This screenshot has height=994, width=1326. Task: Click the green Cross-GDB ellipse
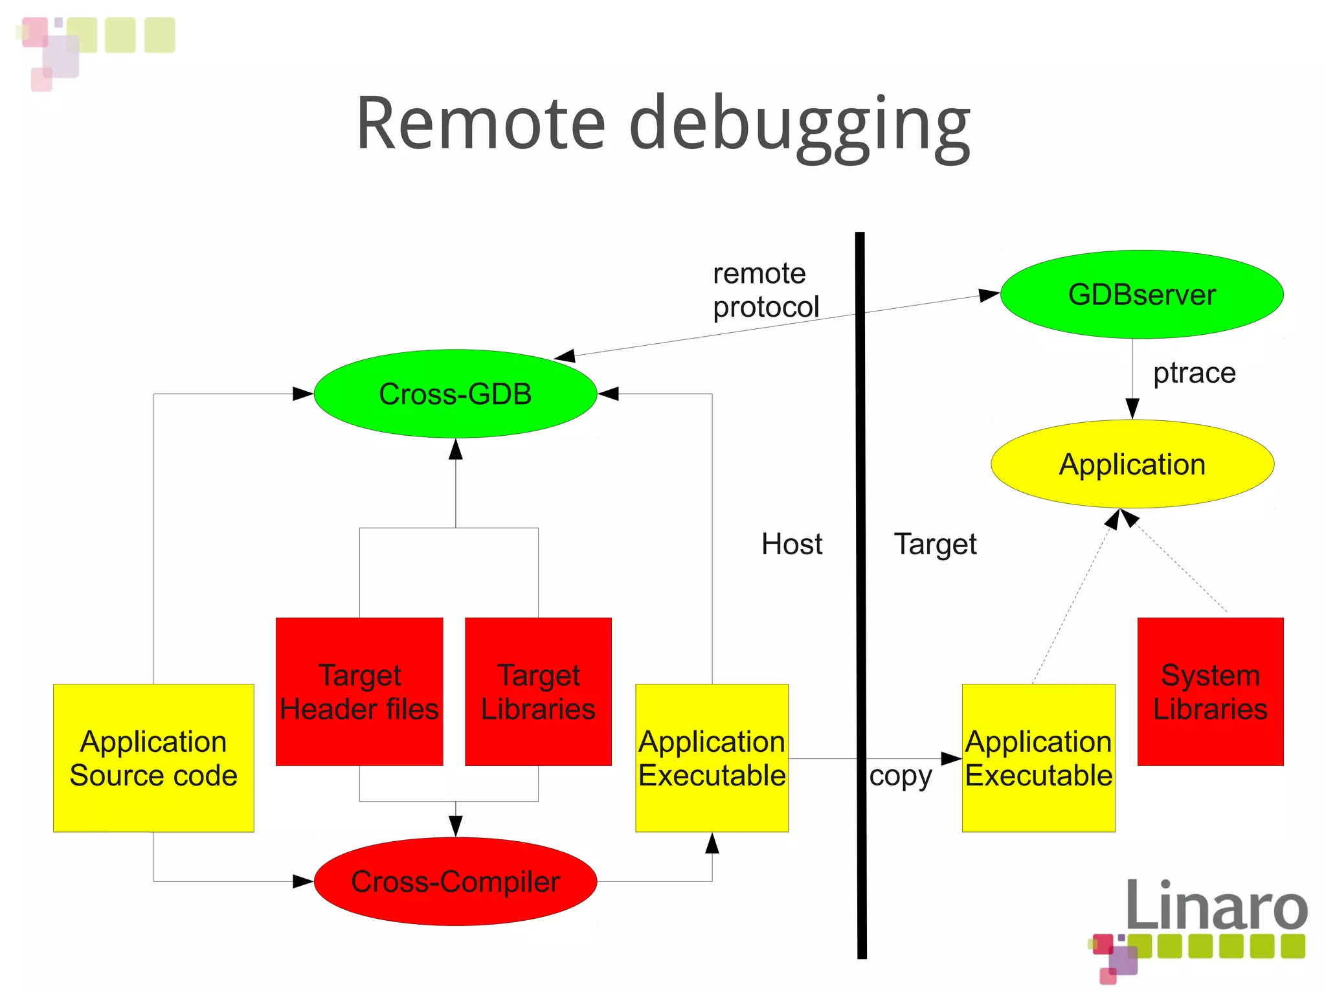point(455,394)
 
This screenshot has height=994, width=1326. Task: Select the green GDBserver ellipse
point(1141,295)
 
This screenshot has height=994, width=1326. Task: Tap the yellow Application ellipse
point(1132,464)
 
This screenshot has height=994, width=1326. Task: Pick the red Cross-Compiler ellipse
point(455,881)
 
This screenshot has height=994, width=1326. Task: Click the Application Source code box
point(153,758)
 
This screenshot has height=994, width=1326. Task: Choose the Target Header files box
point(359,692)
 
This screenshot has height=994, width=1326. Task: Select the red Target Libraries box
point(538,692)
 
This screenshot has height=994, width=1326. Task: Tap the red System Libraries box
point(1210,692)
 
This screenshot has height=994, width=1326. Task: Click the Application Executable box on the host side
point(712,758)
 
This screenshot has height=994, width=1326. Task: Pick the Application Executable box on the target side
point(1039,758)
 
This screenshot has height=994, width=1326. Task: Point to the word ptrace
point(1194,373)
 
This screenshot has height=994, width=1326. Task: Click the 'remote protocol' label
point(765,290)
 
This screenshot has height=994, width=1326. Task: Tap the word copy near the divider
point(900,776)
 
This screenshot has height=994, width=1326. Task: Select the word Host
point(791,544)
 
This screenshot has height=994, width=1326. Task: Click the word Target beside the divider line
point(935,545)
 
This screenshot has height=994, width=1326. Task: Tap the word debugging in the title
point(799,126)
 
